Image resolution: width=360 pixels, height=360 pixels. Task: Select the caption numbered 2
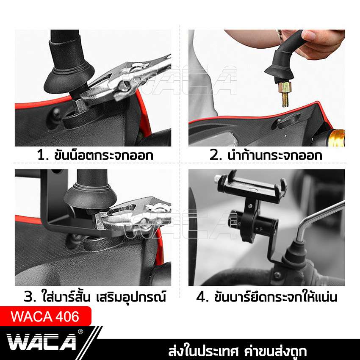[266, 155]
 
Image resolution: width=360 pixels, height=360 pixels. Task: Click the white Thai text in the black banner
[237, 351]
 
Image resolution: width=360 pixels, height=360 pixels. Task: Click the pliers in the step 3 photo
[131, 212]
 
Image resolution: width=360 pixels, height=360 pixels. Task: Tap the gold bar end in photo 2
[337, 138]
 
